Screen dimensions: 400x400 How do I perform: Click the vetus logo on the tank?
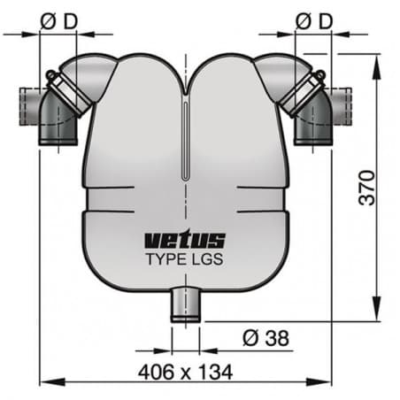pyautogui.click(x=185, y=240)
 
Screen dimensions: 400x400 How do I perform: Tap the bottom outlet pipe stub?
pyautogui.click(x=185, y=305)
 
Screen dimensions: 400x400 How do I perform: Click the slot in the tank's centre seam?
pyautogui.click(x=185, y=142)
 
